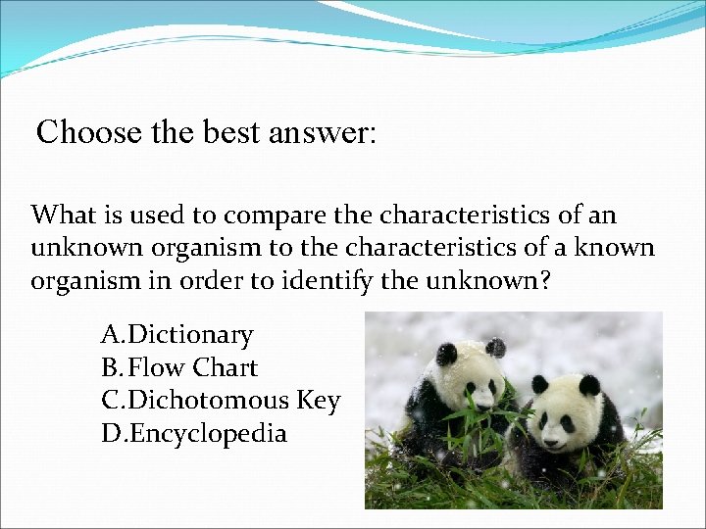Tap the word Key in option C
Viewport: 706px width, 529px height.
pos(318,401)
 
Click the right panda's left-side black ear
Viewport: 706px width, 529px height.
pos(539,384)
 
